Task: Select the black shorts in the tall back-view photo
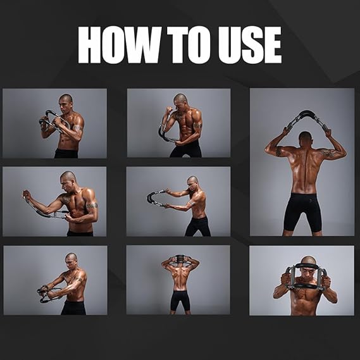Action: pos(302,211)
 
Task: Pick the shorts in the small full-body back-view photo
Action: pos(180,300)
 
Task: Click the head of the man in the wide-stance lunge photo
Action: pos(192,181)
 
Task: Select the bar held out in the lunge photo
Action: pos(155,198)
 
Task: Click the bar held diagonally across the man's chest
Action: pos(51,120)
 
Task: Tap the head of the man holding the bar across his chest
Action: pos(65,101)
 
